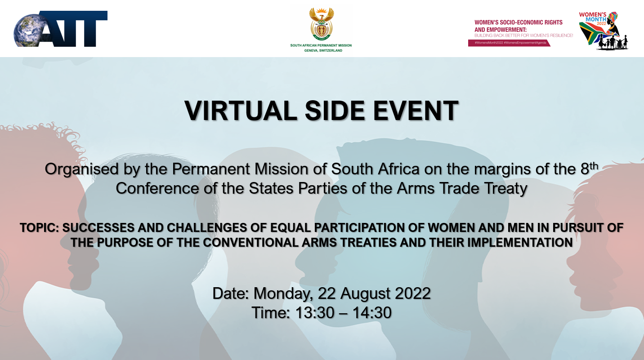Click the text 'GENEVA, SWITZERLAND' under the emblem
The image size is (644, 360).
(321, 50)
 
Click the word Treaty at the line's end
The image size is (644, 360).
(505, 188)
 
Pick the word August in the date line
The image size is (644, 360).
(365, 293)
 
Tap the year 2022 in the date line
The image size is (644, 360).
(413, 293)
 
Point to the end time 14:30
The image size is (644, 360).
(371, 312)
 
